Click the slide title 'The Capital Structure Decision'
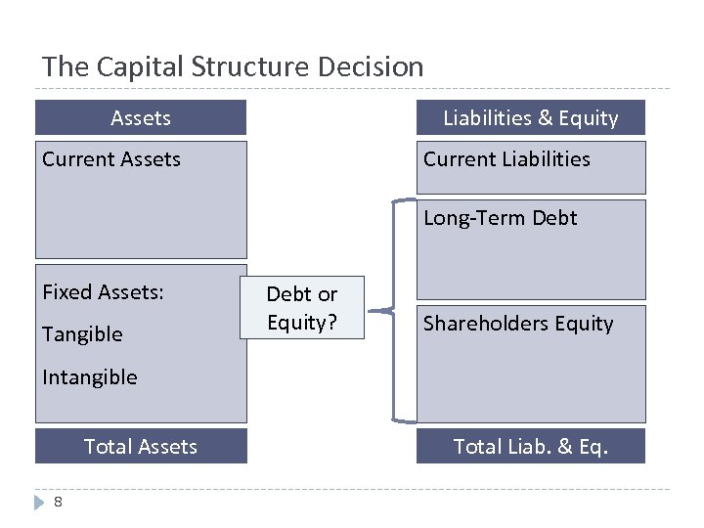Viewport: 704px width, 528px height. pos(233,66)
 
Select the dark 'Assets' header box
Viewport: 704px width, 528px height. pos(141,117)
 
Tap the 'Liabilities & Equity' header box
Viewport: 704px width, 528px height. pos(531,117)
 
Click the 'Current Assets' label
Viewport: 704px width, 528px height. pos(111,159)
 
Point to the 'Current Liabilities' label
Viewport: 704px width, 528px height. pos(506,159)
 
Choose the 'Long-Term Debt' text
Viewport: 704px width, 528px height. pos(500,218)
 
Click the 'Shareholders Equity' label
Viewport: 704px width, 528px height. pos(518,324)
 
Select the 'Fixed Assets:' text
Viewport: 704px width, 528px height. pos(103,292)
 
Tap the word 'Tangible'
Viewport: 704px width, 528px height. pos(82,334)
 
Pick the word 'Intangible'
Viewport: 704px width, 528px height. pos(90,377)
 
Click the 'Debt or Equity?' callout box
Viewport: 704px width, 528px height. pos(302,307)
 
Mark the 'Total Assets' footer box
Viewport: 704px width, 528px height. pos(141,446)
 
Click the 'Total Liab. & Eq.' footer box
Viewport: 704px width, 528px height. pos(531,446)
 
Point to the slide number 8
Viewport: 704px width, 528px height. pos(59,502)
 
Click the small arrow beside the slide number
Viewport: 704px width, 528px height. pos(40,502)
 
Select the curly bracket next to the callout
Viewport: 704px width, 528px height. pos(391,311)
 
